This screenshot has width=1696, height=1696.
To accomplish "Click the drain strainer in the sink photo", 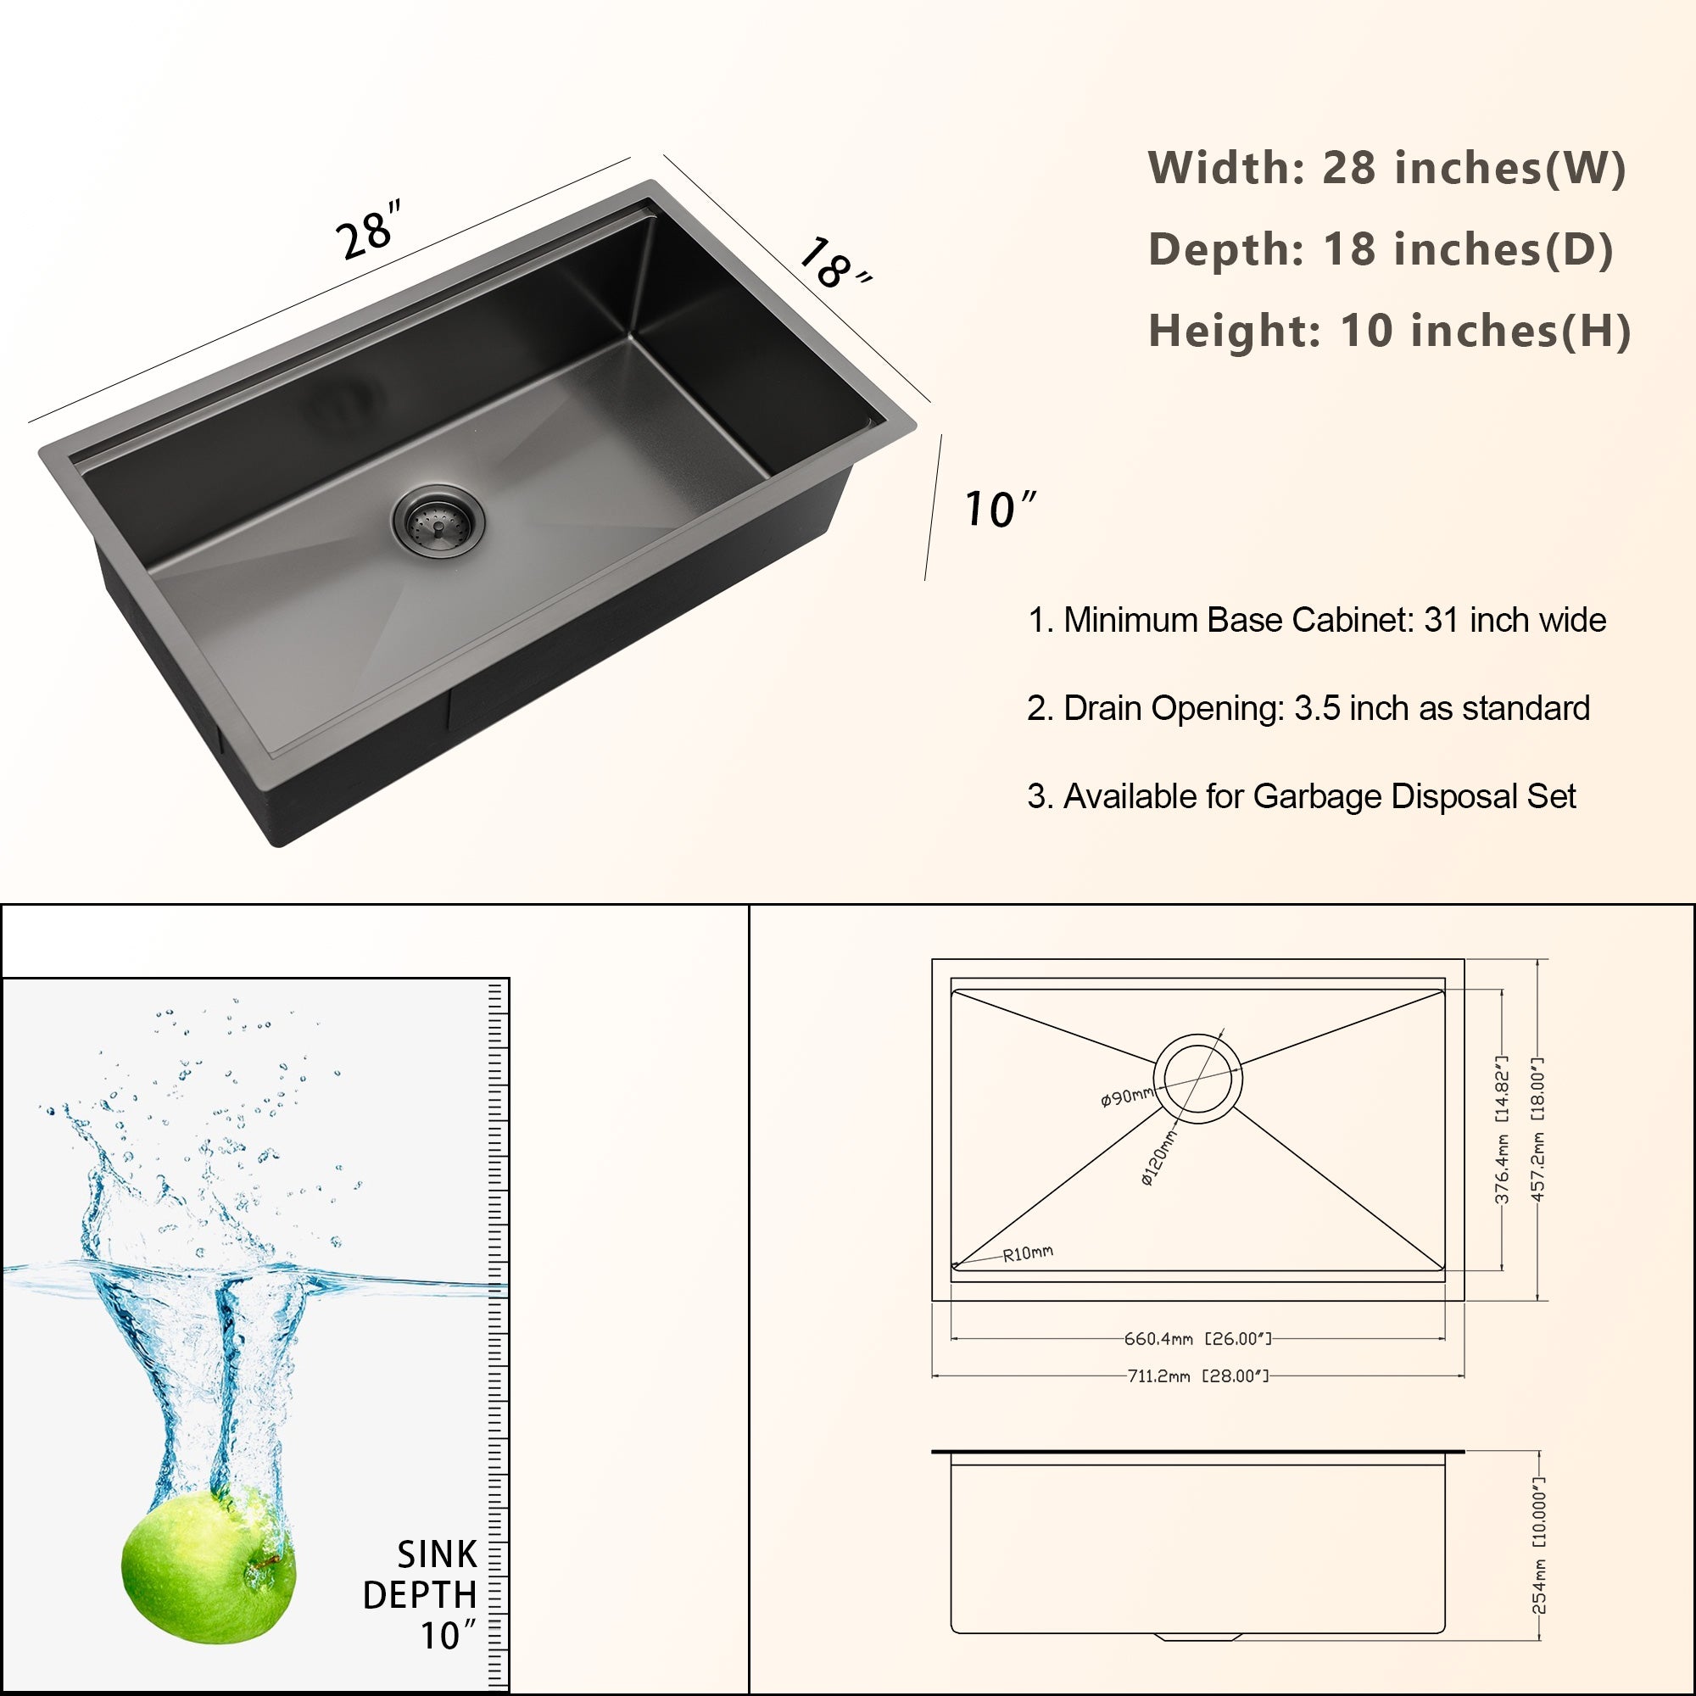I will pyautogui.click(x=438, y=522).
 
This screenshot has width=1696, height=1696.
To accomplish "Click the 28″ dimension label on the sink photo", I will pyautogui.click(x=369, y=231).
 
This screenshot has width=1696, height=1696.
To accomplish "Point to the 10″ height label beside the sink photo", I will pyautogui.click(x=999, y=509).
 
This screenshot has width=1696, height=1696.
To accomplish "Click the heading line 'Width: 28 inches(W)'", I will pyautogui.click(x=1386, y=168).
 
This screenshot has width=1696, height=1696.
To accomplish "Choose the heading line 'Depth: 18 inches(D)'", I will pyautogui.click(x=1380, y=249).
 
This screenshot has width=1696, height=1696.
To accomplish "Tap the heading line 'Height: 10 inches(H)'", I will pyautogui.click(x=1389, y=331).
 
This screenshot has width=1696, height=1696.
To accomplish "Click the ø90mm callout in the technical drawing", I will pyautogui.click(x=1126, y=1096).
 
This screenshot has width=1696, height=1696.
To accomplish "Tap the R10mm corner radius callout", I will pyautogui.click(x=1028, y=1253).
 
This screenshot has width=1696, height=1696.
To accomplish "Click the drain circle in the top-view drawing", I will pyautogui.click(x=1197, y=1077).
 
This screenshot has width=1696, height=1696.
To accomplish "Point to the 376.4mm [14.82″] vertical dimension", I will pyautogui.click(x=1502, y=1130).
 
